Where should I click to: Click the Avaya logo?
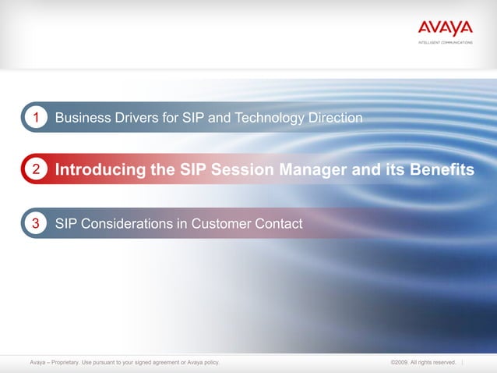point(445,28)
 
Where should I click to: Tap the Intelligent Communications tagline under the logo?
point(445,42)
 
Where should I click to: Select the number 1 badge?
point(35,118)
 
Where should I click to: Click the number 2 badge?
point(35,169)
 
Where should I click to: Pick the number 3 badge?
point(35,224)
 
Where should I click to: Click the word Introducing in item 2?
point(104,169)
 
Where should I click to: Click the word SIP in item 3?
point(67,224)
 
